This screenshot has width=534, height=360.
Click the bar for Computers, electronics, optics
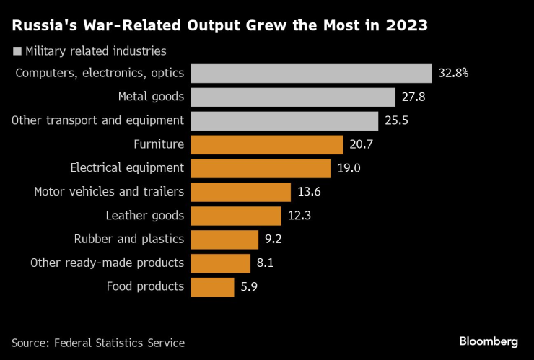point(311,74)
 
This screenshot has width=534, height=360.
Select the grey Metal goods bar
point(293,97)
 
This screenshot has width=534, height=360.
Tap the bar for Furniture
point(266,144)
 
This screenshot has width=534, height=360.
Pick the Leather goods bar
point(236,216)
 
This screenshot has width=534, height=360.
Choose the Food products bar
point(212,286)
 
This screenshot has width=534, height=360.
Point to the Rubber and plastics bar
point(224,239)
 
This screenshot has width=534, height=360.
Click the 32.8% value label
point(454,74)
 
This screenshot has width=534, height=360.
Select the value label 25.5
point(397,120)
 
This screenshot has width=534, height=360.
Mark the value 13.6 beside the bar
point(310,192)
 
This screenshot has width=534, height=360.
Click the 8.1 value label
point(265,263)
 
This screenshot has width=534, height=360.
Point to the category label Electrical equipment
point(127,168)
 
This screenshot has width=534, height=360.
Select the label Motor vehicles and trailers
point(109,192)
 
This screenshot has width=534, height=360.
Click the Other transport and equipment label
point(98,120)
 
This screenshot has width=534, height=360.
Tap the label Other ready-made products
point(108,263)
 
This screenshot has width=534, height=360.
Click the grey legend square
point(17,51)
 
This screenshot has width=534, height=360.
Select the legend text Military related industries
point(96,51)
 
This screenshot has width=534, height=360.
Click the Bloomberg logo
point(489,341)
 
